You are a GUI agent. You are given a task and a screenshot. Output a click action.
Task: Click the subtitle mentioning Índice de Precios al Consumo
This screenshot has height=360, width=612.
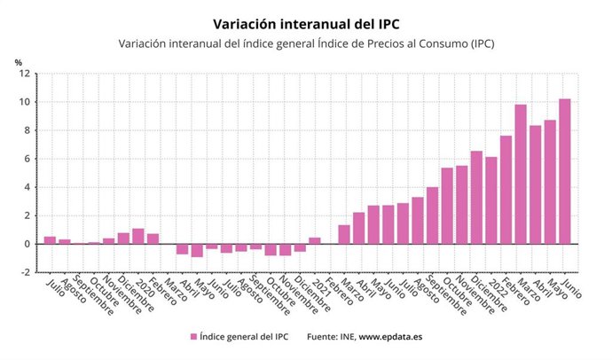305,43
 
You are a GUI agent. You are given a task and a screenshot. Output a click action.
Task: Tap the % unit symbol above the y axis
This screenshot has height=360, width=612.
18,61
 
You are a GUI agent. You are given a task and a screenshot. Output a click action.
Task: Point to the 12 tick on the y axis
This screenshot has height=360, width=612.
27,74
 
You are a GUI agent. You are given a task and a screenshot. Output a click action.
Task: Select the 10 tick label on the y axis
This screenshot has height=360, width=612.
27,102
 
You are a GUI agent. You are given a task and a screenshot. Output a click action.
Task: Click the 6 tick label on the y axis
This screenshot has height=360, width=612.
28,159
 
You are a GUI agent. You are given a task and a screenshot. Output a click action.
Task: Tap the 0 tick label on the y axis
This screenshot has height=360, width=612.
28,244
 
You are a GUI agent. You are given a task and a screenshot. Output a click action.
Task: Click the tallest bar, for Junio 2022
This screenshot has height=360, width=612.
564,171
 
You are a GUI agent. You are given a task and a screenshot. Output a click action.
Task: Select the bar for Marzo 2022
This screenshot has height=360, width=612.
521,174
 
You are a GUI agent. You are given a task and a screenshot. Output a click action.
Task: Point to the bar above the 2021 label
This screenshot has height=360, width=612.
314,240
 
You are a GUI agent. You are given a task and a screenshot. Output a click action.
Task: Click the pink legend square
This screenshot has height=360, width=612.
193,337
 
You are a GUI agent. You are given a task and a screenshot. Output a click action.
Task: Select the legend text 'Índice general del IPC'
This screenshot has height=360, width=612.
245,337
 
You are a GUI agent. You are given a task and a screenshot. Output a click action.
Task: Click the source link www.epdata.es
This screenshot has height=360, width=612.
390,337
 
